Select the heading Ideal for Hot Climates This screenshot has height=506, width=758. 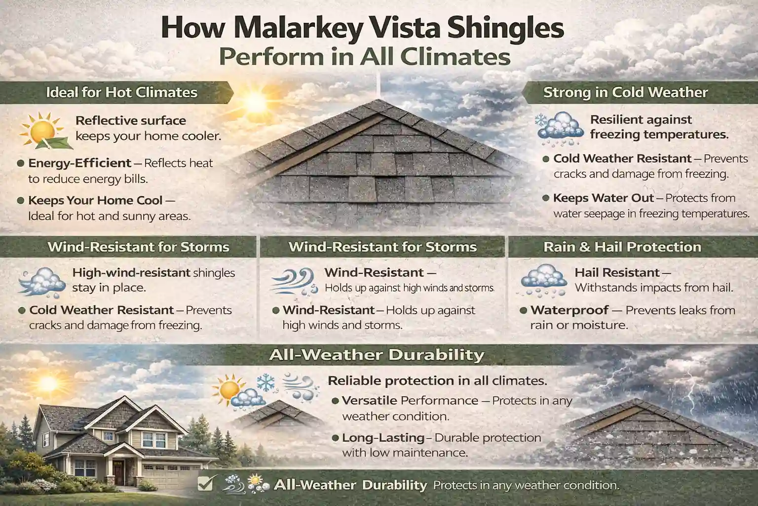[x=121, y=92]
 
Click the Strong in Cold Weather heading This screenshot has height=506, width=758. [x=625, y=92]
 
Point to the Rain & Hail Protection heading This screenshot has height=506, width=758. [x=622, y=247]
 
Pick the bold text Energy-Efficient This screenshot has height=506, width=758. [x=80, y=163]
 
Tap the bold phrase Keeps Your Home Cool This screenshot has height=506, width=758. [x=95, y=201]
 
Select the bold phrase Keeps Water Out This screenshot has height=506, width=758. [x=603, y=198]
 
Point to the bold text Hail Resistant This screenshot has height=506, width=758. [x=617, y=272]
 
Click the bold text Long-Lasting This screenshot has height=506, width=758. [x=383, y=438]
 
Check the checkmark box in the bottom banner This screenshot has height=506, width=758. [x=204, y=484]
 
